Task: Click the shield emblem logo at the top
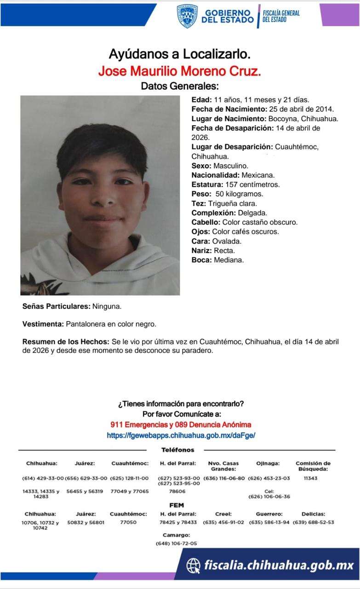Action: [187, 16]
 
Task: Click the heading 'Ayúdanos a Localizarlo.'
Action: [180, 54]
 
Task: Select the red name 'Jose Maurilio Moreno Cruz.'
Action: [180, 71]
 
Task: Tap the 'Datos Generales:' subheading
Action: [180, 86]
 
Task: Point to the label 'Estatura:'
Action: [206, 185]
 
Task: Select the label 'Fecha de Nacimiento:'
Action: [229, 109]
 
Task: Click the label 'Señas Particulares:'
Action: [56, 306]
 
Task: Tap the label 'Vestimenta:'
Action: [43, 324]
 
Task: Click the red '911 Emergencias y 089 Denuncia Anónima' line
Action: [181, 425]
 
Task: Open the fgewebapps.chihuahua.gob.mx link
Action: [181, 435]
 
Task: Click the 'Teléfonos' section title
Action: [177, 450]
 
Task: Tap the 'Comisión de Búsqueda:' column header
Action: [313, 466]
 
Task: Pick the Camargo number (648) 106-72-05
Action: [176, 543]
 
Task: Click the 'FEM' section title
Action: [177, 505]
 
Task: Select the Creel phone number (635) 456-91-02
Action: [223, 523]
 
